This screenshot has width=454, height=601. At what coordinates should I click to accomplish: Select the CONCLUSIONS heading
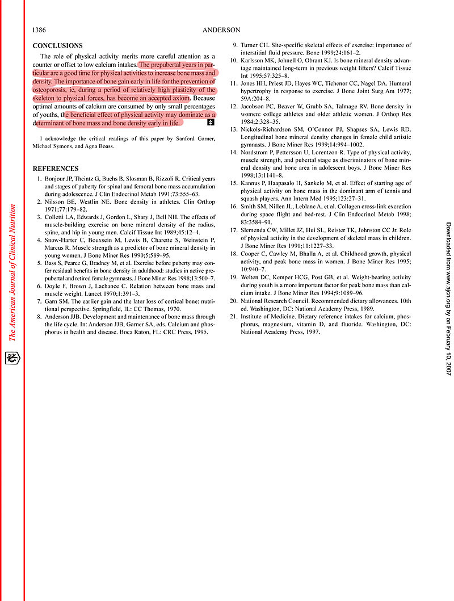57,45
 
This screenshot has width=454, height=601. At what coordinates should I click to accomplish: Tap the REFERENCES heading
56,169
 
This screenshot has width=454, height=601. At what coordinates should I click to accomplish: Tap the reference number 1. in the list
39,179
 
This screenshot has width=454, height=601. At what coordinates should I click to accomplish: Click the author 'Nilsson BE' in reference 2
60,201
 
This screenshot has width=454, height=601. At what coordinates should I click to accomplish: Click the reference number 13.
233,129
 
